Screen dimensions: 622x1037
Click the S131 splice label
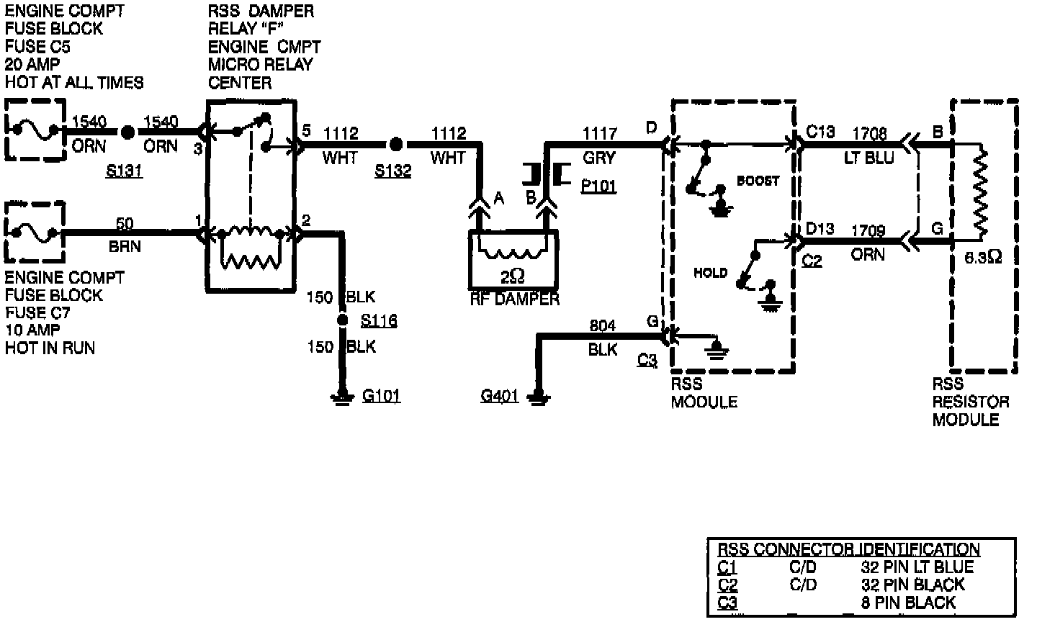pos(125,171)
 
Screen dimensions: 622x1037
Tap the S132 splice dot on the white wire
pos(395,145)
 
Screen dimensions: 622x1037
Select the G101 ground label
pos(381,395)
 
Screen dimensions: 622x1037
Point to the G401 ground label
pos(500,395)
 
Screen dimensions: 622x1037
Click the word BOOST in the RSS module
pos(758,181)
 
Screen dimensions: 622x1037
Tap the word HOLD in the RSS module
pos(711,273)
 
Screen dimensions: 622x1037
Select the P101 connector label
pos(598,186)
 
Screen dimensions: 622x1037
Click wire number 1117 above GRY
pos(599,132)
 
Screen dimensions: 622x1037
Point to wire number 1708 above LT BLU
pos(870,133)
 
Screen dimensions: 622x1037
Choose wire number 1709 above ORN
pos(868,230)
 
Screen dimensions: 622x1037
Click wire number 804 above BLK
pos(603,326)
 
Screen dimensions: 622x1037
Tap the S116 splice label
pos(379,320)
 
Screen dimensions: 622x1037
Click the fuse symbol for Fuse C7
pos(35,232)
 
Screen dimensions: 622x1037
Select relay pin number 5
pos(306,131)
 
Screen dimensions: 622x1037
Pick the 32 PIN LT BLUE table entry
pos(917,567)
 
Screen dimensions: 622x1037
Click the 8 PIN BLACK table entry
pos(908,603)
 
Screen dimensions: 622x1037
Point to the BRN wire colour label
pos(125,246)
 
